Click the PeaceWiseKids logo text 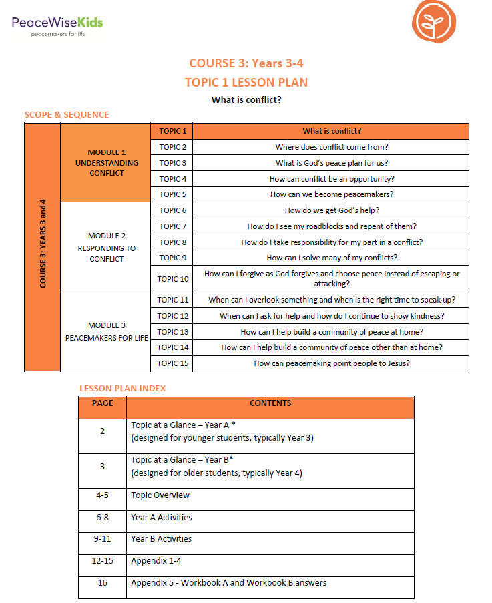[x=57, y=23]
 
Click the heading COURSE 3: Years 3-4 [x=246, y=63]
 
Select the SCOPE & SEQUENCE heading [x=67, y=114]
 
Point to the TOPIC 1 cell [x=172, y=131]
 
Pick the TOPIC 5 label [x=172, y=194]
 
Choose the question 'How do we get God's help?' [x=332, y=210]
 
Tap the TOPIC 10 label [x=173, y=278]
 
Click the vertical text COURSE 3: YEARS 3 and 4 [x=43, y=247]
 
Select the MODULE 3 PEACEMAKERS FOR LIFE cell [x=107, y=331]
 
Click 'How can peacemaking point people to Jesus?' [x=332, y=363]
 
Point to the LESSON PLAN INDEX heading [x=123, y=388]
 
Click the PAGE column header [x=102, y=403]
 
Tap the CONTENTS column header [x=270, y=403]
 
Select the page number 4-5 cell [x=102, y=495]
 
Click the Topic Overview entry [x=160, y=495]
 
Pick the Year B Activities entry [x=162, y=539]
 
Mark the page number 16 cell [x=102, y=583]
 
